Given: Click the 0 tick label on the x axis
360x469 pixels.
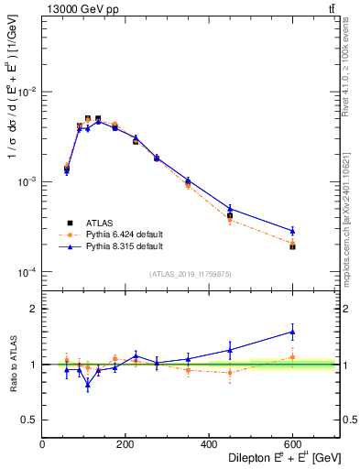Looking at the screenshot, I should tap(43, 444).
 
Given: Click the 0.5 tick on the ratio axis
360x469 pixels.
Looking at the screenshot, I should tap(29, 420).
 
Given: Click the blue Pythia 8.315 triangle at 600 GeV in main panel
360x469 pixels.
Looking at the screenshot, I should tap(292, 231).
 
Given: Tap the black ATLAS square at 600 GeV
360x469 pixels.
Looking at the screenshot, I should tap(292, 246).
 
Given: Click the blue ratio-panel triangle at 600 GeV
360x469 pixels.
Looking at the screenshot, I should tap(292, 332).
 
